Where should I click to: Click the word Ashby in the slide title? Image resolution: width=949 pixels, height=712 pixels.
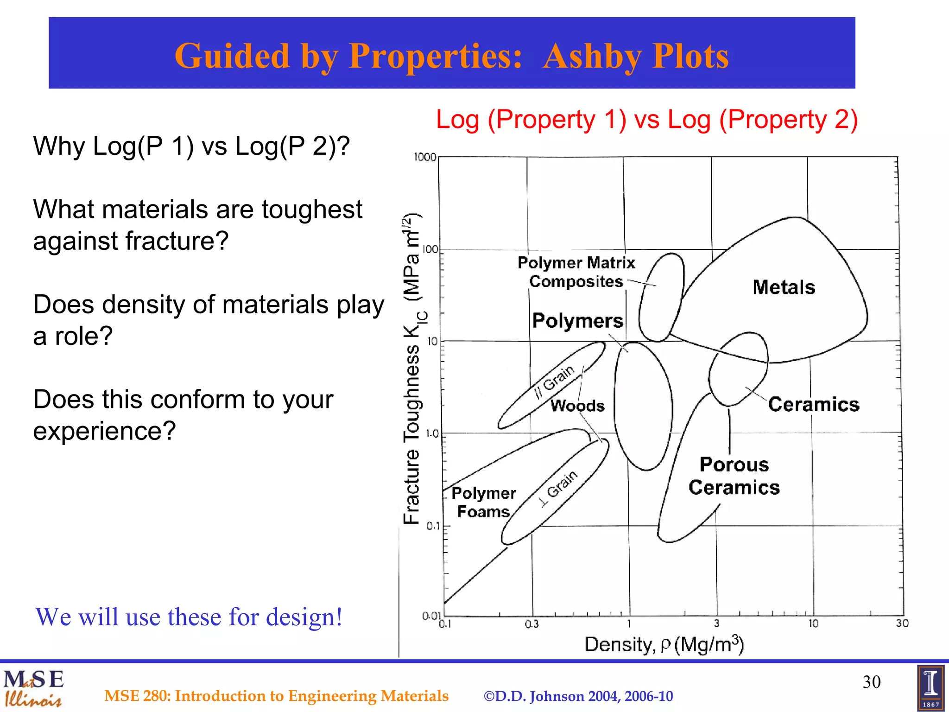click(x=592, y=57)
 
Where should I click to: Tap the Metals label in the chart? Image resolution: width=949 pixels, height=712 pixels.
click(x=784, y=287)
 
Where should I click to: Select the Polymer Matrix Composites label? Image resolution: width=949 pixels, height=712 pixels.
click(x=576, y=272)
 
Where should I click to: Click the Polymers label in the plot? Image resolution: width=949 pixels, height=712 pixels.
click(x=577, y=321)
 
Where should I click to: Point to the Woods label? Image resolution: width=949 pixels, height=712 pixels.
click(x=577, y=406)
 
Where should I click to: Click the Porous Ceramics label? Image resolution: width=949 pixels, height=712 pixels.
click(x=734, y=476)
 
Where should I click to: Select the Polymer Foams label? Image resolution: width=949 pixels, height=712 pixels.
click(x=483, y=502)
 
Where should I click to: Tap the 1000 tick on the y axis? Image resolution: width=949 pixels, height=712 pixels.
click(x=425, y=157)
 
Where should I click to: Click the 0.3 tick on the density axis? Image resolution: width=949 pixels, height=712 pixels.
click(x=531, y=624)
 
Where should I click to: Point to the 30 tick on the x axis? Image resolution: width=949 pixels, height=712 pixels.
click(x=902, y=623)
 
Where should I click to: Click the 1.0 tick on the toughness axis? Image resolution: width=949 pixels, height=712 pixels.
click(x=432, y=434)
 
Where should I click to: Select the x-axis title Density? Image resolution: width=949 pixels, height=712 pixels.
click(x=664, y=645)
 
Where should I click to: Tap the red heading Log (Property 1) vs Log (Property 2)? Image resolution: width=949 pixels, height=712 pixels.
click(x=647, y=120)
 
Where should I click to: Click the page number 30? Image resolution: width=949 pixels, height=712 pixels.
click(x=871, y=682)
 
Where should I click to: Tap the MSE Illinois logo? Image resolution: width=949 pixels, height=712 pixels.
click(x=33, y=688)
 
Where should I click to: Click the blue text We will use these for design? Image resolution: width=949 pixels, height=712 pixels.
click(x=189, y=617)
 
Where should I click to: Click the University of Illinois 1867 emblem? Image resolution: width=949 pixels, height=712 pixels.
click(x=930, y=688)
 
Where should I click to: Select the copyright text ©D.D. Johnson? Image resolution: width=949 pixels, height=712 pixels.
click(x=578, y=696)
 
